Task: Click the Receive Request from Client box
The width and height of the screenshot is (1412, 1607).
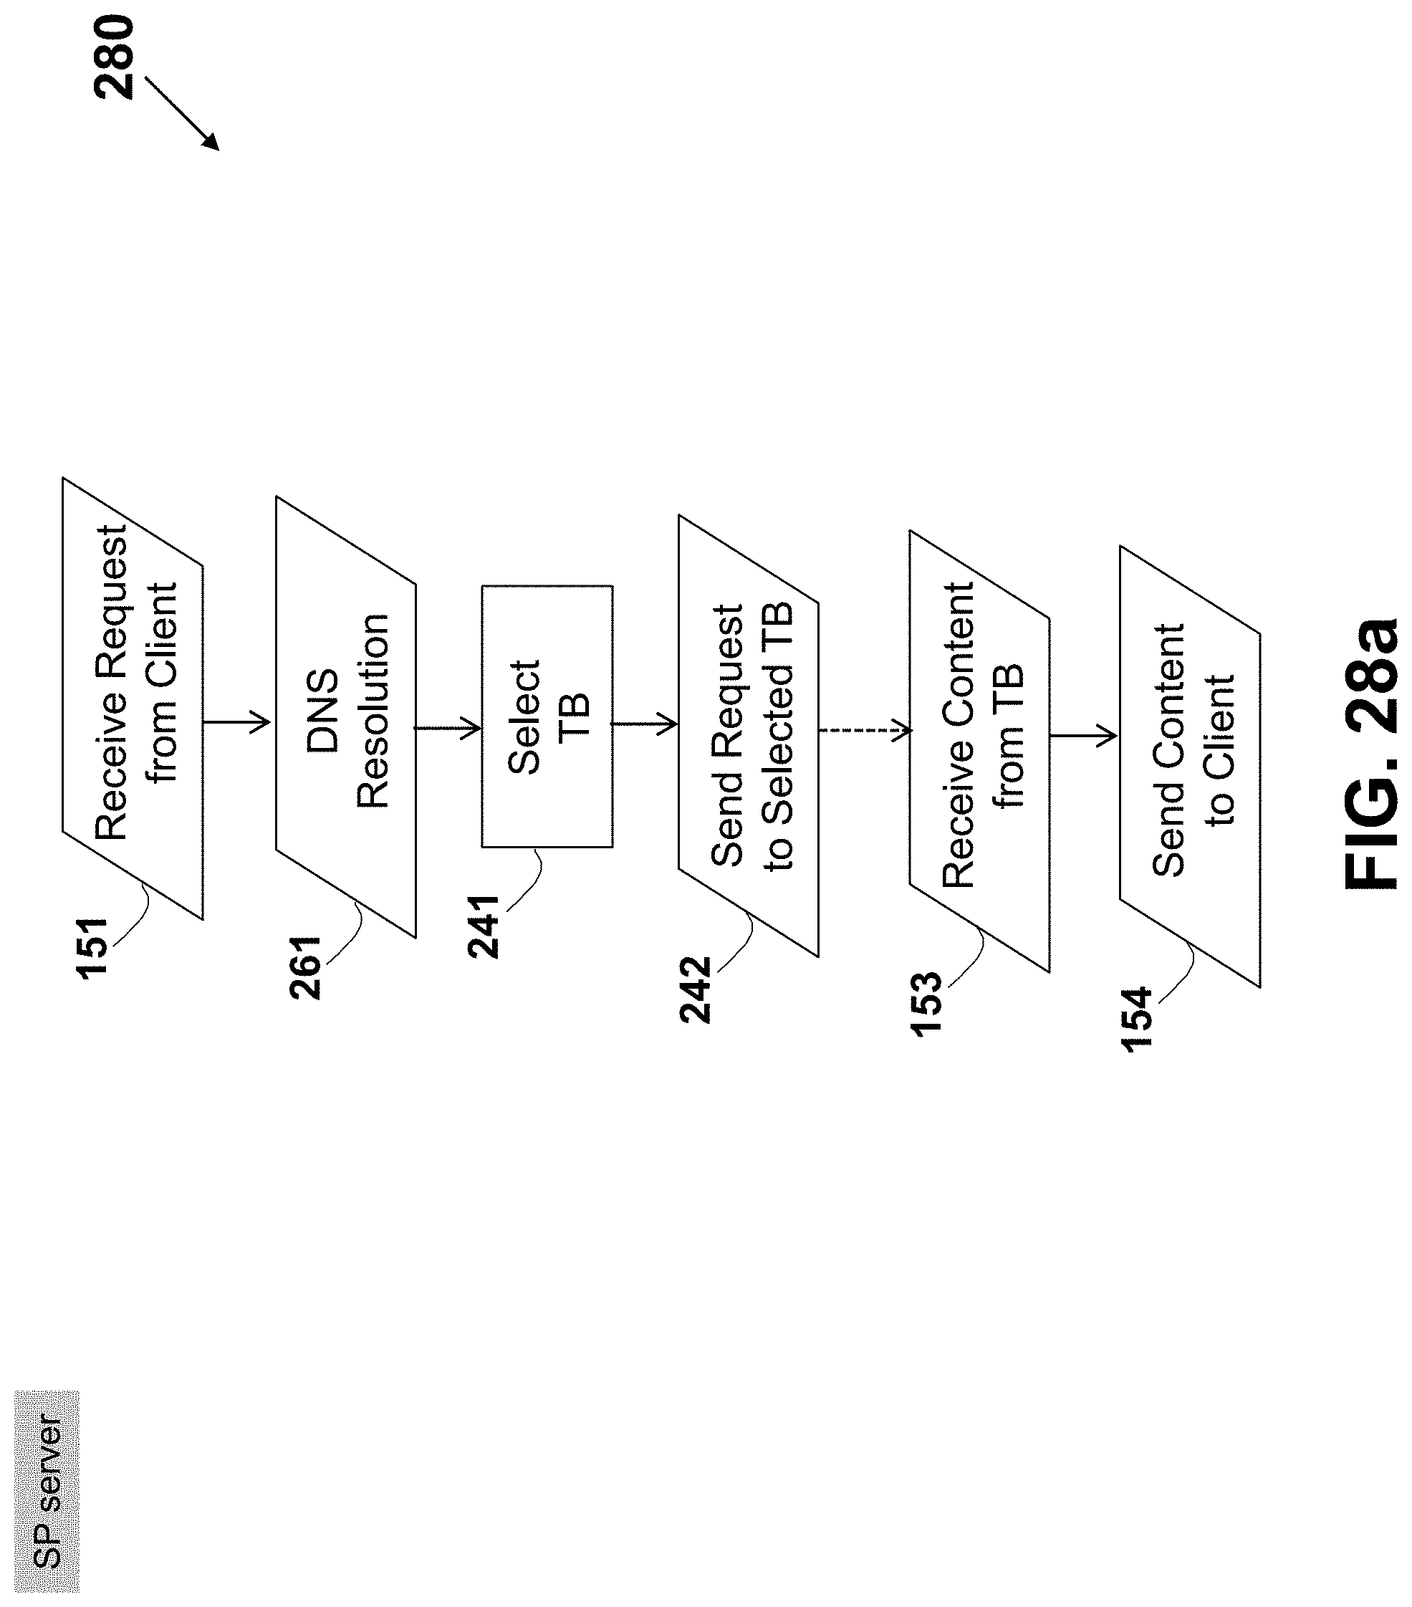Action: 133,698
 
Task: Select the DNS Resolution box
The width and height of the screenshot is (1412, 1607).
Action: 346,716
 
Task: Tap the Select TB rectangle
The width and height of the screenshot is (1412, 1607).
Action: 547,716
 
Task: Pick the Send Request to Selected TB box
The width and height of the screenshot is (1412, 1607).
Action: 749,736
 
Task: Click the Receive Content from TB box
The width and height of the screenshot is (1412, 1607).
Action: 979,751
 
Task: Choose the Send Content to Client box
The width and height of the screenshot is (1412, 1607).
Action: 1189,766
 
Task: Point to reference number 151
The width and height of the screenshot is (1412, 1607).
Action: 92,946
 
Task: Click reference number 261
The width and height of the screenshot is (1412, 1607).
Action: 305,967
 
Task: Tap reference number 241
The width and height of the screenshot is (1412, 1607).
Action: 483,926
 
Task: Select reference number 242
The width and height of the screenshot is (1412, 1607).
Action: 695,989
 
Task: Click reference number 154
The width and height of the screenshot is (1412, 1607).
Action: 1136,1019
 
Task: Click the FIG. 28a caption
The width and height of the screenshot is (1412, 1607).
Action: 1370,753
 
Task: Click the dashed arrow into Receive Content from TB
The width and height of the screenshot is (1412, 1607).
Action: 864,730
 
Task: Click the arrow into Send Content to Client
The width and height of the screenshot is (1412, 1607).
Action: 1083,736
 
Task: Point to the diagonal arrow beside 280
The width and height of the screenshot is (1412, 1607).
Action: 182,112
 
